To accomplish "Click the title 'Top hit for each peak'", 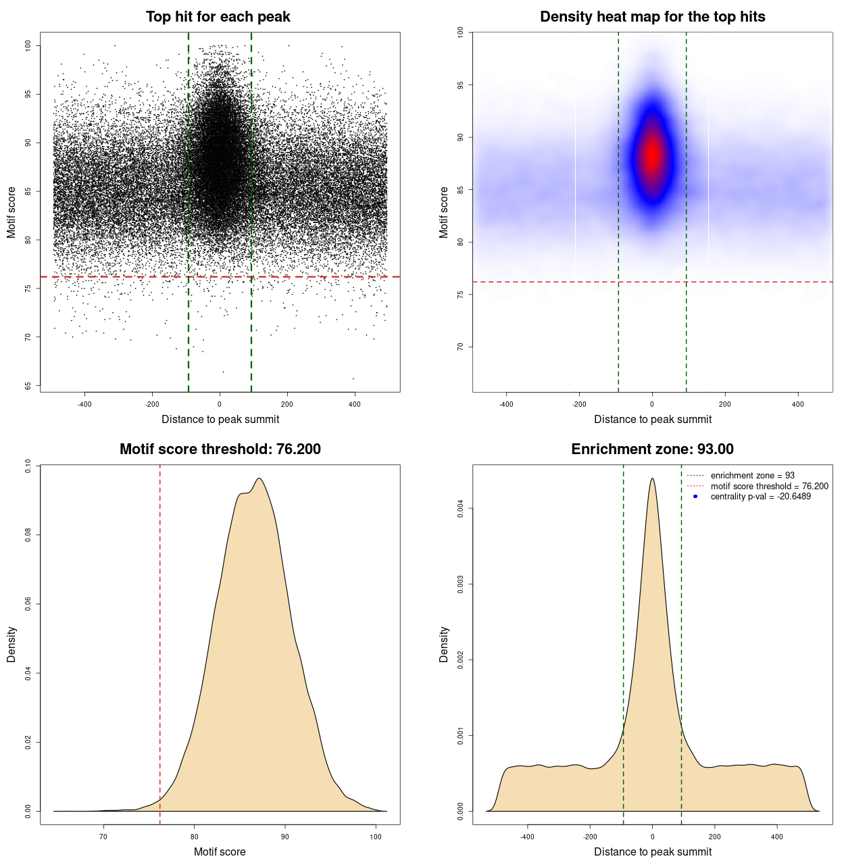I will point(218,17).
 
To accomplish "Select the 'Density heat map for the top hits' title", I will point(652,17).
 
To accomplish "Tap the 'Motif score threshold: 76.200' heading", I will point(220,449).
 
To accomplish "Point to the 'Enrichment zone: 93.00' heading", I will point(652,449).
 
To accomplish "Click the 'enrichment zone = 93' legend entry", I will point(752,476).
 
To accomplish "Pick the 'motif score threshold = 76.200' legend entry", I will point(769,487).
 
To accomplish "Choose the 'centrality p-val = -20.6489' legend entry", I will point(760,497).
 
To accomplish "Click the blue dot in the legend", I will point(695,497).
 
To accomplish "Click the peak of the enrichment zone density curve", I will point(652,478).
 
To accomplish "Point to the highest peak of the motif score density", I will point(258,478).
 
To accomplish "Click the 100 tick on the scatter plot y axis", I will point(28,45).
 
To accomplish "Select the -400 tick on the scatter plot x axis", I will point(84,405).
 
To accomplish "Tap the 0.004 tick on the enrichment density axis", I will point(461,508).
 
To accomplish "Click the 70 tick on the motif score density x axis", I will point(103,837).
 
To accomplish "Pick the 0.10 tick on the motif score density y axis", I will point(28,466).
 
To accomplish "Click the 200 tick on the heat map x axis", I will point(725,405).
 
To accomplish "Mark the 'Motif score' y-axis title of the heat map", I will point(444,212).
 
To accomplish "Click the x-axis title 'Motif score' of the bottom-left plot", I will point(220,851).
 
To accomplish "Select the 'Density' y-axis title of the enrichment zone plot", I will point(444,644).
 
